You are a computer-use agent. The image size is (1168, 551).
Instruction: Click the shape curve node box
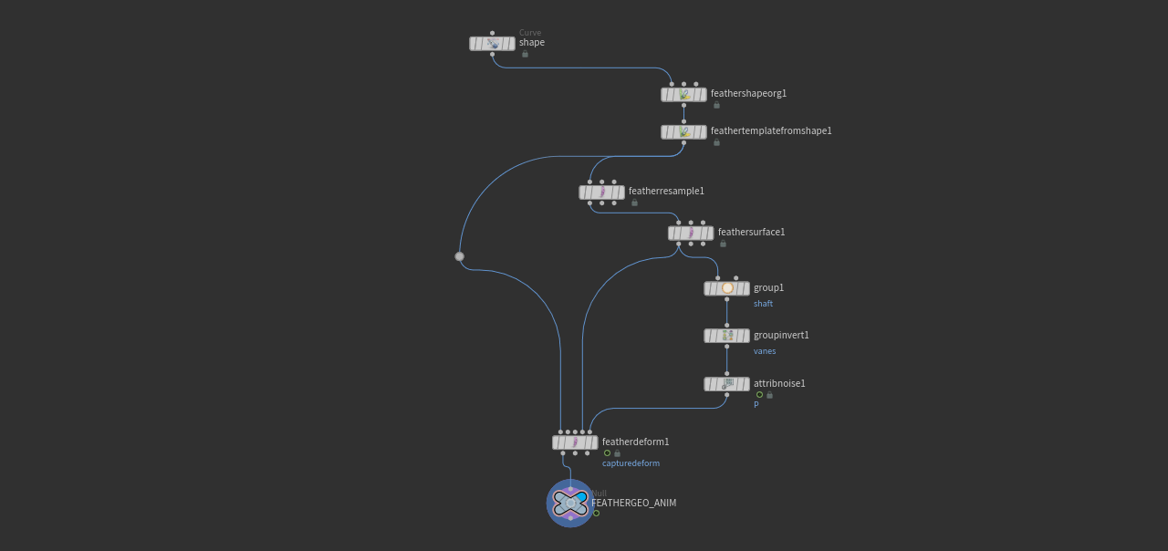point(492,44)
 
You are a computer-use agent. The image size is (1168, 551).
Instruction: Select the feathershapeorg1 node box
point(683,95)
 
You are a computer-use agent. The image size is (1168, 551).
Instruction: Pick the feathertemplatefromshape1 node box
point(683,132)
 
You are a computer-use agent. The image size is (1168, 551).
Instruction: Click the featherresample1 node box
point(601,192)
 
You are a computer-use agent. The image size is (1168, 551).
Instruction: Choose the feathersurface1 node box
point(691,234)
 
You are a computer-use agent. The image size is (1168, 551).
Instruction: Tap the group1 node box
point(726,289)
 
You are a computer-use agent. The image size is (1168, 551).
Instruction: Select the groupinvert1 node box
point(726,336)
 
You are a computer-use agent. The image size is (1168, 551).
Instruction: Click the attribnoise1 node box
point(726,385)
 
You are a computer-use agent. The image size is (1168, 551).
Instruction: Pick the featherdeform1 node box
point(575,442)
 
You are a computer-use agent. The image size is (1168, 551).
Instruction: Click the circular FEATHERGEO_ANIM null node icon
point(569,503)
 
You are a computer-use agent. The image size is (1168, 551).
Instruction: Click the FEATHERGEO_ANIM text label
point(633,504)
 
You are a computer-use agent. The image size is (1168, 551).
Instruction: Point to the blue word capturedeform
point(631,463)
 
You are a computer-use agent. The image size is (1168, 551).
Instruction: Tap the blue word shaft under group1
point(763,304)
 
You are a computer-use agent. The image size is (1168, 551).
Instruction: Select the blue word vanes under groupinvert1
point(765,351)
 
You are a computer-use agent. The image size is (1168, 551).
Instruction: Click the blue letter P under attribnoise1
point(756,405)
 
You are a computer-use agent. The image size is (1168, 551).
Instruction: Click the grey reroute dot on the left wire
point(460,256)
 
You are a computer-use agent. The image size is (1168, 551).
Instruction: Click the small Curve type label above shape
point(530,33)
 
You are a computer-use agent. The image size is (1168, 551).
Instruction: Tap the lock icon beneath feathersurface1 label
point(723,244)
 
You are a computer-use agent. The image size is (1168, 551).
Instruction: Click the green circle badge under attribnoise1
point(759,395)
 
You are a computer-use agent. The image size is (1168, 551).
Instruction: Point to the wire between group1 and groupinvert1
point(726,312)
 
